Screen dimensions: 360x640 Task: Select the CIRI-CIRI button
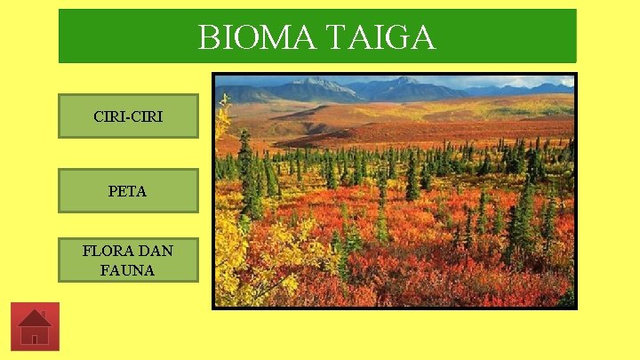tap(128, 116)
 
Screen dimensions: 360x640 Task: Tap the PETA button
tap(128, 190)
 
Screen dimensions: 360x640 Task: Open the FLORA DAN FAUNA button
tap(128, 260)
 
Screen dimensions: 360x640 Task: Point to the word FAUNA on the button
tap(128, 269)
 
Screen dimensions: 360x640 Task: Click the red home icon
tap(35, 326)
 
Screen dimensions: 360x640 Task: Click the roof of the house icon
tap(34, 318)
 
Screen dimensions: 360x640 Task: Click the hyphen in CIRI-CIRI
tap(128, 116)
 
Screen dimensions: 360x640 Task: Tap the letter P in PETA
tap(113, 190)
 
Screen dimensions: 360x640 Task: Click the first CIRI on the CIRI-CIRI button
tap(108, 116)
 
